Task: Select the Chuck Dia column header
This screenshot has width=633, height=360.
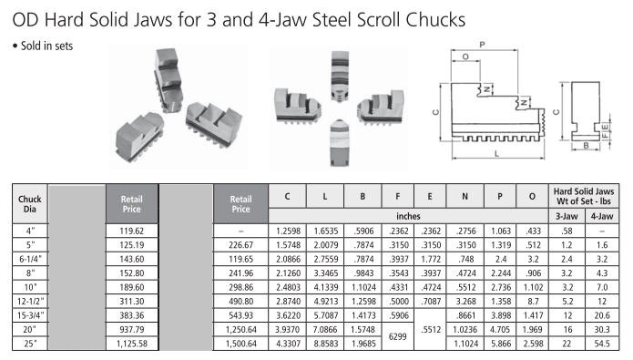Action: pyautogui.click(x=30, y=203)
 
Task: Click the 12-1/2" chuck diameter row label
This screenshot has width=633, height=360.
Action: pyautogui.click(x=30, y=302)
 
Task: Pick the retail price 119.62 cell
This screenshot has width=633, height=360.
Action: pyautogui.click(x=131, y=231)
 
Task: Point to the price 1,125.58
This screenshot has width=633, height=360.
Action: pyautogui.click(x=131, y=344)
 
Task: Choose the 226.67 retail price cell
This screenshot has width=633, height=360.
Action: pyautogui.click(x=240, y=245)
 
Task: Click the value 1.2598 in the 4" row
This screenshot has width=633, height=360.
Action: pyautogui.click(x=288, y=231)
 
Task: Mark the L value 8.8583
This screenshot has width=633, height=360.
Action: pyautogui.click(x=325, y=344)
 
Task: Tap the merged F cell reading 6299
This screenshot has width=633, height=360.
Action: pyautogui.click(x=398, y=336)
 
